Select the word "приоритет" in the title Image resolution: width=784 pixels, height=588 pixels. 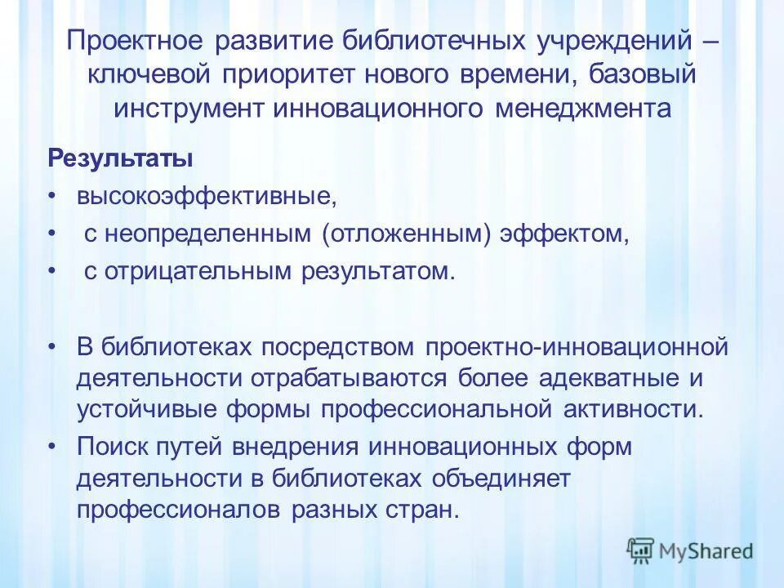click(287, 76)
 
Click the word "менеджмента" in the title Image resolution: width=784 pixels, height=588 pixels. click(582, 109)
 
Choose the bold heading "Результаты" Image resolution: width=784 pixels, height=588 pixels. click(120, 158)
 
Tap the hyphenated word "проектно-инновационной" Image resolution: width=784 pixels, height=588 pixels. click(577, 347)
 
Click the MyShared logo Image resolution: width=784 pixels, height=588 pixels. click(689, 550)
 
